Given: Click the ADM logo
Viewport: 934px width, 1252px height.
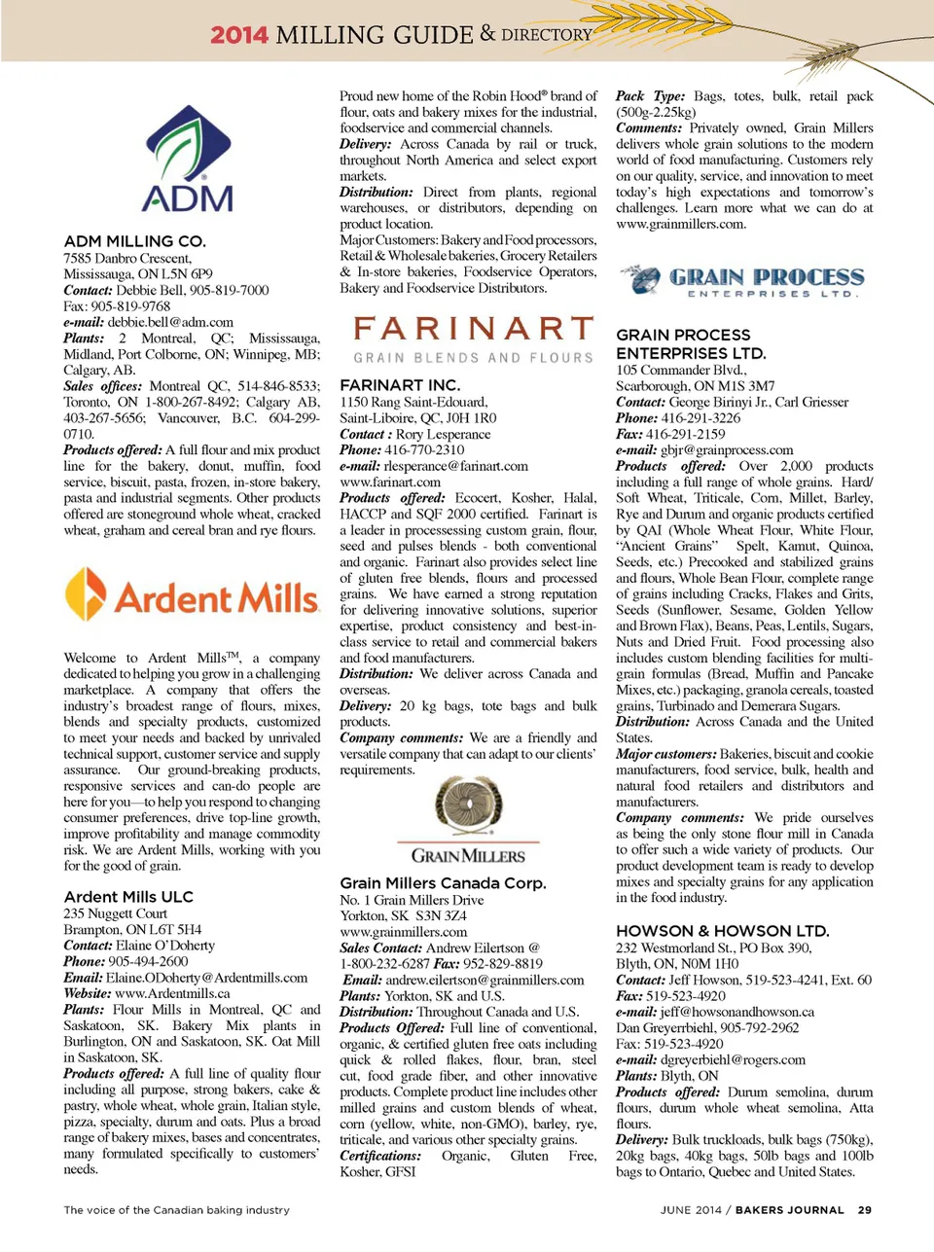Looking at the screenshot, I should [187, 160].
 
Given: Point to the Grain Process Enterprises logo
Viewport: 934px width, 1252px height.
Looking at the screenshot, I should [741, 280].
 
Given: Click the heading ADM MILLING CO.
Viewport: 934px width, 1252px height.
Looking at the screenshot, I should [134, 240].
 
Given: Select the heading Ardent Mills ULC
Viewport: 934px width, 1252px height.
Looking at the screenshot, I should [128, 896].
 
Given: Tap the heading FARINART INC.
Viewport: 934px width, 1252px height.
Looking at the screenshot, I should [400, 385].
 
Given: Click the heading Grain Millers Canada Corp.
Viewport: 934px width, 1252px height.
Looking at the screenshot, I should [443, 882].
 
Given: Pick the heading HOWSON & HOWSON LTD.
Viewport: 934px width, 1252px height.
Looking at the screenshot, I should [722, 931].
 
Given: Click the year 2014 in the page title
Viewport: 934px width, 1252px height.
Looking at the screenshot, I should [238, 35].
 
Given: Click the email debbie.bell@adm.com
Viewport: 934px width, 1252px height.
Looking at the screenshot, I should [170, 322].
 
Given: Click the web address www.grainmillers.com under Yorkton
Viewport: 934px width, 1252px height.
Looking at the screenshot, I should [403, 931].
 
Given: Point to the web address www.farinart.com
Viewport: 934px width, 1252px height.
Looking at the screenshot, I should [389, 482].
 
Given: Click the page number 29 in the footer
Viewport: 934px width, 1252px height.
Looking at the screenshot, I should [864, 1210].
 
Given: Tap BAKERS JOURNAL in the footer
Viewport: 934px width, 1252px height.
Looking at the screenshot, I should [789, 1210].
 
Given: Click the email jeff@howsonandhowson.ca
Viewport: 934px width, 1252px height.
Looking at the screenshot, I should [736, 1012].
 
